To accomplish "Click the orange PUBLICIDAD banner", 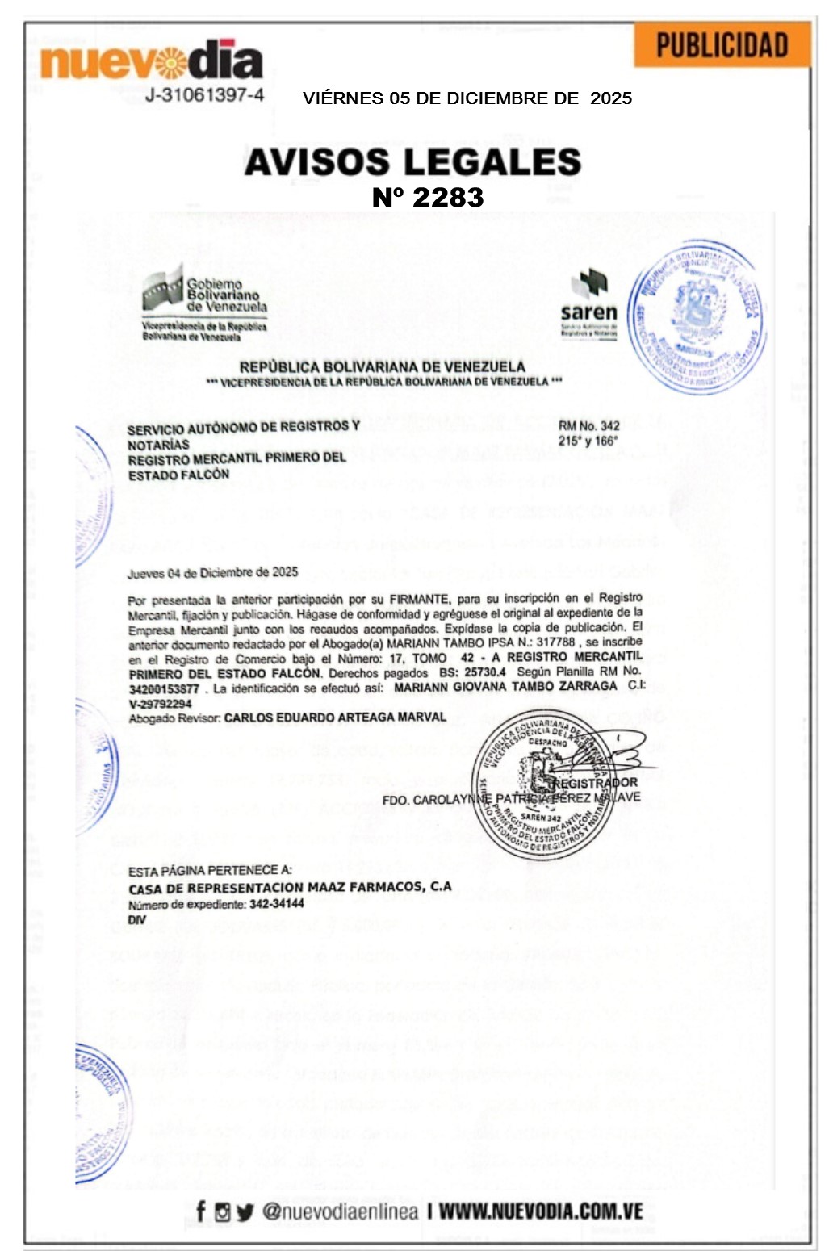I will (x=722, y=45).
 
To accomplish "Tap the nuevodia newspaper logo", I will (x=151, y=61).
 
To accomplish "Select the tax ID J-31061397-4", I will (x=204, y=95).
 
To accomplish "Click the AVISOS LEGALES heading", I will (x=412, y=162).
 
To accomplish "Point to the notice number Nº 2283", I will (x=427, y=197).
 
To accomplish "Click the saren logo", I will (x=589, y=303).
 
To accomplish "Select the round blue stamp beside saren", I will (x=696, y=317).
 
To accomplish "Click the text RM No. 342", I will (x=589, y=426).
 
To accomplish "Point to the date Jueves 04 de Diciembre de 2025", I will (x=212, y=573).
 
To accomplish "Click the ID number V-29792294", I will (x=161, y=703).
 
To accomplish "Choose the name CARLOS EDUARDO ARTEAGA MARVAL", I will (x=335, y=717).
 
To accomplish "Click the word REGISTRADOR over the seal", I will (x=597, y=782).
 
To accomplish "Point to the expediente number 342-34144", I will (x=277, y=903).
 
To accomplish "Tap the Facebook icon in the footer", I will (x=200, y=1211).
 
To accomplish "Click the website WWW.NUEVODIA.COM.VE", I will (x=540, y=1211).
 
